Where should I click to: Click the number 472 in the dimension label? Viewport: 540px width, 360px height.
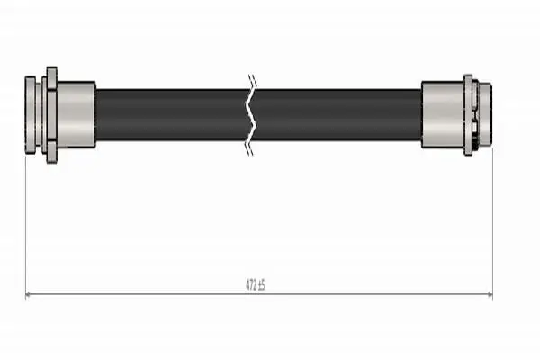point(250,285)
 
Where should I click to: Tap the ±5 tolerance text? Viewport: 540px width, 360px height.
point(261,285)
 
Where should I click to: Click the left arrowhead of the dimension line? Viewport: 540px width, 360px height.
point(29,294)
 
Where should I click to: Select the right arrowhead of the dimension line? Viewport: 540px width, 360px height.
point(490,294)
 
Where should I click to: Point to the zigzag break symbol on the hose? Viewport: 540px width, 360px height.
point(252,115)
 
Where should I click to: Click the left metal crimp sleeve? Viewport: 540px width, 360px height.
point(76,115)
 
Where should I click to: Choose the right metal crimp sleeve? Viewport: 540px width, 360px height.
point(443,115)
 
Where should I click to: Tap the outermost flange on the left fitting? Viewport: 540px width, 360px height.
point(30,115)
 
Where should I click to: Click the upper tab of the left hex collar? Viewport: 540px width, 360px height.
point(51,78)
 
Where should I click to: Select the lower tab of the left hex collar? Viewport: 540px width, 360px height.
point(51,151)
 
